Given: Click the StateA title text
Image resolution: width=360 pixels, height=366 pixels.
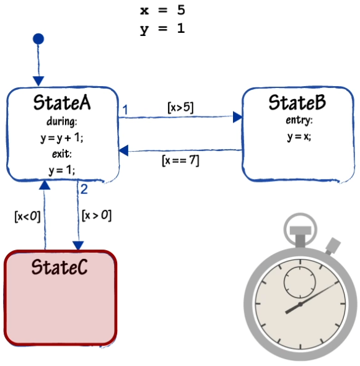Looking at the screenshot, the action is [x=62, y=102].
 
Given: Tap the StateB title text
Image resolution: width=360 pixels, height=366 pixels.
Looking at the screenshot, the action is [x=297, y=102].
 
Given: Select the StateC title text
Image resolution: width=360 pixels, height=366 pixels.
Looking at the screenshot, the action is [x=59, y=267].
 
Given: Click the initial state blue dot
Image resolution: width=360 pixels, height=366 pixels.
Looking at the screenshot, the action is [x=38, y=39].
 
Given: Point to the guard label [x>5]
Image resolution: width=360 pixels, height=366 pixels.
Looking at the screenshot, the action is [x=180, y=107].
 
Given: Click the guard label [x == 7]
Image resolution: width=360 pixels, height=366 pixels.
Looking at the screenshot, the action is [x=180, y=160].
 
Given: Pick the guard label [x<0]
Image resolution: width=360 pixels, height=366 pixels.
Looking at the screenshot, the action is [x=27, y=216].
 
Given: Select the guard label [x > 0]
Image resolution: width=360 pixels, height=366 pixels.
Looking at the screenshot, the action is [x=97, y=216].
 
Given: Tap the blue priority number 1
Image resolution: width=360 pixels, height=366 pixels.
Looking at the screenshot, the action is [x=125, y=110].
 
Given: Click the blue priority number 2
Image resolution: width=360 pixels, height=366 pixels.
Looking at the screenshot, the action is [x=84, y=189].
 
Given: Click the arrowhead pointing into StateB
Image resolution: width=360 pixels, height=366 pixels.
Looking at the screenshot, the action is [x=237, y=117].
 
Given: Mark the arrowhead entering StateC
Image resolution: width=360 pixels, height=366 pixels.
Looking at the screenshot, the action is [x=78, y=246].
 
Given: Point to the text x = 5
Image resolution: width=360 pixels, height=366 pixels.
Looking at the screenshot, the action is [x=162, y=11].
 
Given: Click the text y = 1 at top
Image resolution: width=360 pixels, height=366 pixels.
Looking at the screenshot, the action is [x=162, y=29].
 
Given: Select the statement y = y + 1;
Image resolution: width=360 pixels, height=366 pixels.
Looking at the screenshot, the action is [x=62, y=138].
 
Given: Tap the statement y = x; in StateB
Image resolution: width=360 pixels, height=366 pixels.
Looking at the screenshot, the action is [x=299, y=136].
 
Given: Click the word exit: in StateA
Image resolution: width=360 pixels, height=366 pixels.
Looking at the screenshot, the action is [x=62, y=154].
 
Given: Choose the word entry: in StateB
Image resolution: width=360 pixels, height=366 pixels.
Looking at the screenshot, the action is [x=299, y=120].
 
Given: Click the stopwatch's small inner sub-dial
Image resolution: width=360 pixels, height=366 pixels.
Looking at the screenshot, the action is [x=300, y=283].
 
